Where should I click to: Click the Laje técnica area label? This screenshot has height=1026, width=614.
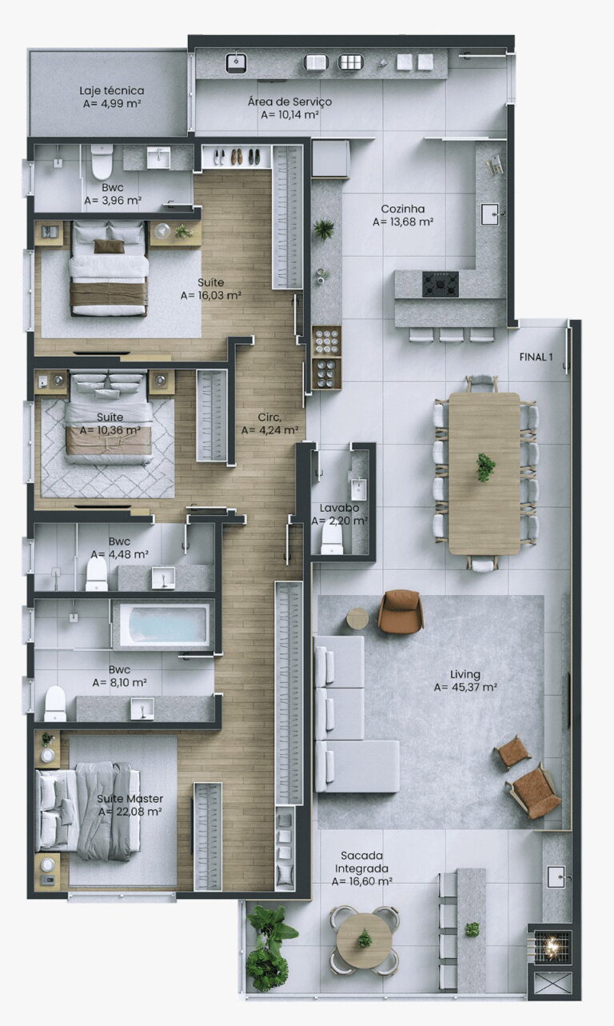tap(112, 97)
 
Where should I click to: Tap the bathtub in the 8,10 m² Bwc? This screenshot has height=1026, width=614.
tap(162, 625)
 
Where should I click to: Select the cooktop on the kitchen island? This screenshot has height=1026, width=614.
tap(440, 284)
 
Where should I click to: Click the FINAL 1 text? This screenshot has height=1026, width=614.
tap(536, 357)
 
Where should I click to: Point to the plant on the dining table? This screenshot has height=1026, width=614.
tap(485, 467)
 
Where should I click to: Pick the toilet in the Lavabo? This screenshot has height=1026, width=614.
tap(332, 538)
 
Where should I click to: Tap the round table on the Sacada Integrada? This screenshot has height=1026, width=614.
tap(365, 940)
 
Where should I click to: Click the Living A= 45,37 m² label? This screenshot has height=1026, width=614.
tap(465, 681)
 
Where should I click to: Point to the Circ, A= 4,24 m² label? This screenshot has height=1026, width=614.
tap(269, 424)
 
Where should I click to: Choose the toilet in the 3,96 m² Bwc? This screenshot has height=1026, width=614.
tap(102, 162)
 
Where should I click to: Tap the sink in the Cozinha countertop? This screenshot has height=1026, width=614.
tap(490, 214)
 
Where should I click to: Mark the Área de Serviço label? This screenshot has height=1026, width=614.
tap(289, 108)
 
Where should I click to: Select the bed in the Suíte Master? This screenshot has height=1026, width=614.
tap(89, 810)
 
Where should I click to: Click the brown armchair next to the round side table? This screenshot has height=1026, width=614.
tap(401, 612)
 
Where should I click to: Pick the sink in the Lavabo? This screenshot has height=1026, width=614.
tap(358, 489)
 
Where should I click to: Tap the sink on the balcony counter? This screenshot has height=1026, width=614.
tap(556, 876)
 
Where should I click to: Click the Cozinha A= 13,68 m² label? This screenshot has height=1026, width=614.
tap(403, 215)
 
